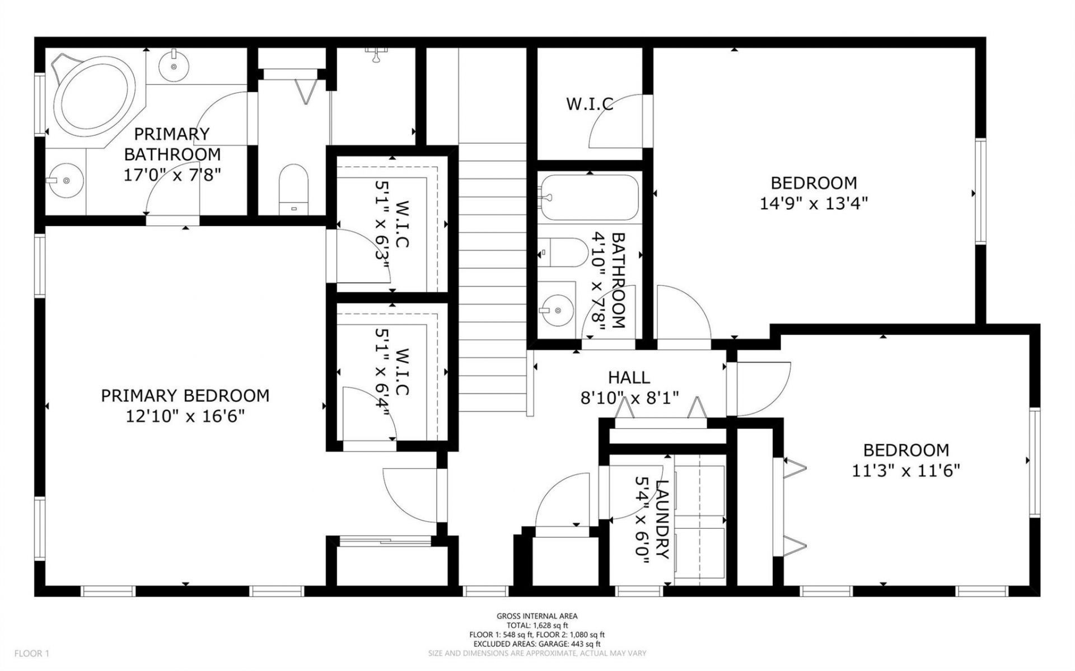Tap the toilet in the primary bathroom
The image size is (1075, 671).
[x=294, y=187]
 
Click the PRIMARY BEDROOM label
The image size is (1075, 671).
[x=185, y=396]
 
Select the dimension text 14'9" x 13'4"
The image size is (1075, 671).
[x=814, y=203]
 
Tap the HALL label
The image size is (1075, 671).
[x=629, y=377]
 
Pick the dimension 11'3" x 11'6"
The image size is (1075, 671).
[x=906, y=471]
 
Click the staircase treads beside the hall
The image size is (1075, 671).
[x=493, y=280]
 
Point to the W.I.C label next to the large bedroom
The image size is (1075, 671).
[x=590, y=104]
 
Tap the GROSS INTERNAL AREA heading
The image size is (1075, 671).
[x=537, y=616]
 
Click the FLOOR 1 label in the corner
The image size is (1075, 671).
[x=32, y=653]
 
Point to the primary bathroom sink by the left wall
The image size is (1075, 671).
[x=65, y=181]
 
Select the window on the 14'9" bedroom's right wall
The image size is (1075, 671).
[x=980, y=191]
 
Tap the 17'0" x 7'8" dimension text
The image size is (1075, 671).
[x=172, y=175]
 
